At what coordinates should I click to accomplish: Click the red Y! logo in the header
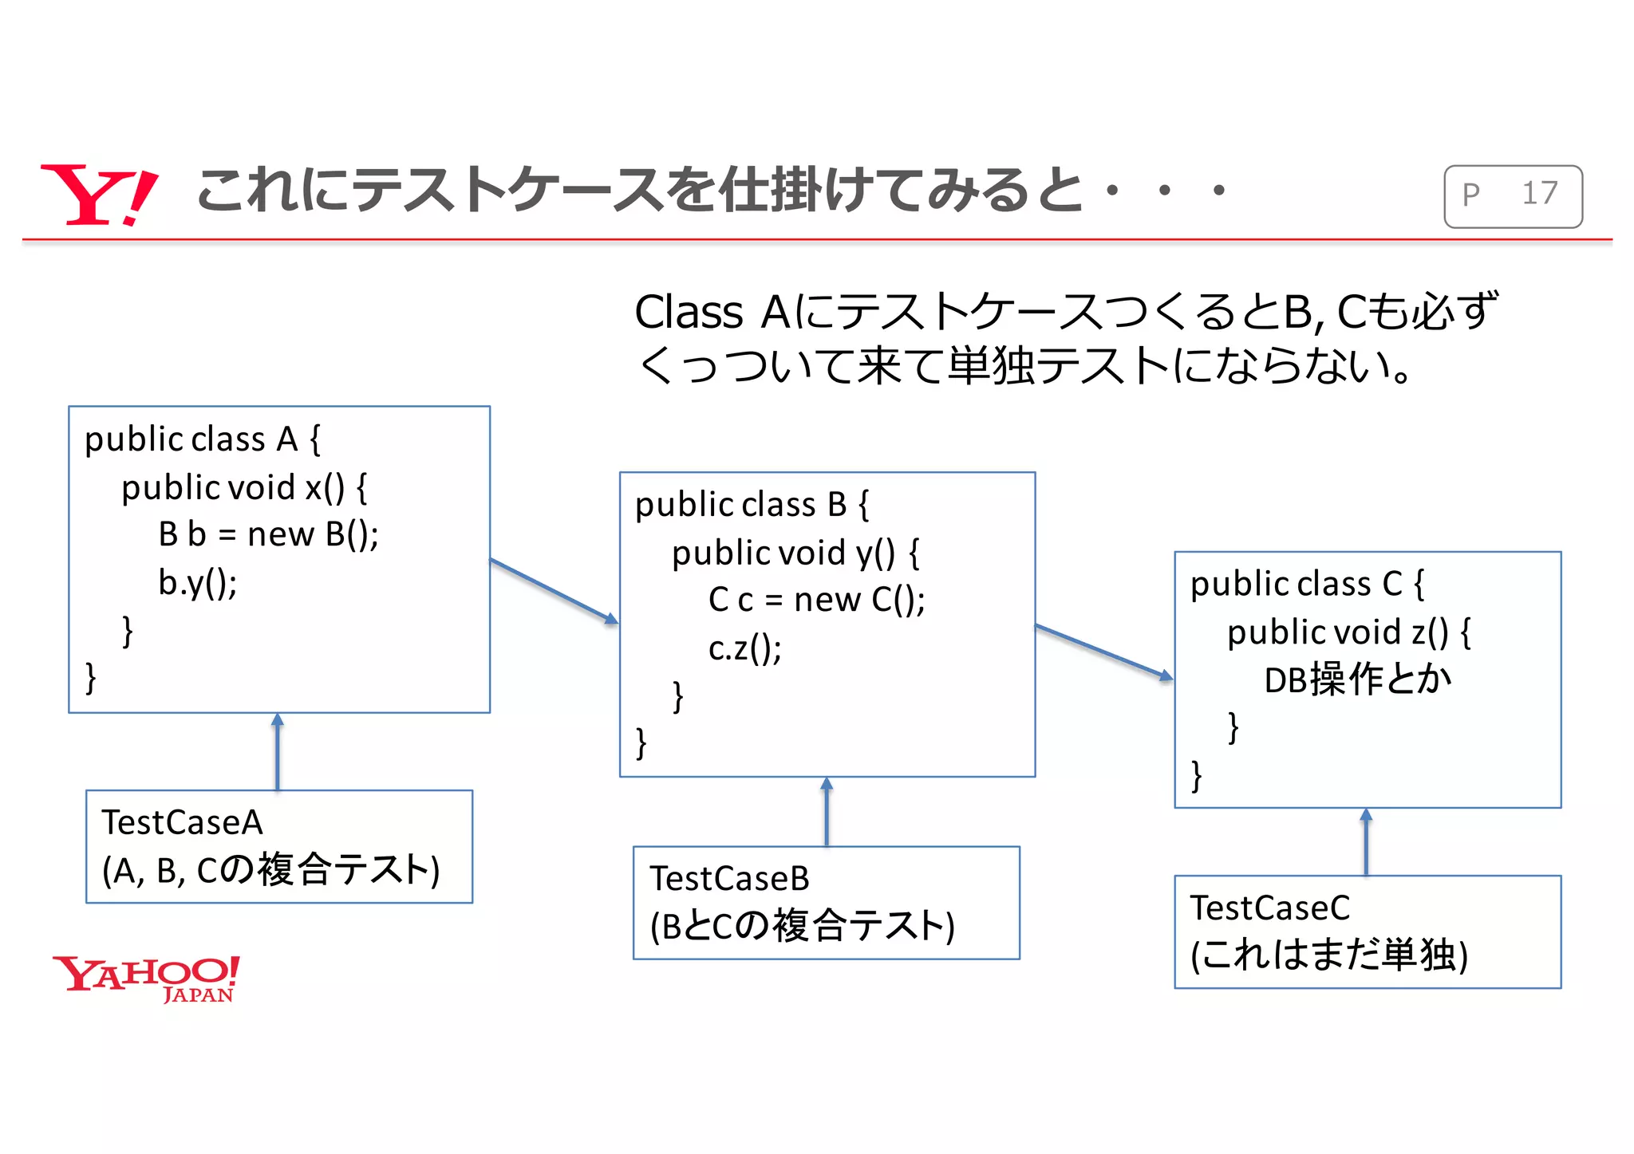click(97, 195)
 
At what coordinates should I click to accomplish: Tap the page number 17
click(1539, 194)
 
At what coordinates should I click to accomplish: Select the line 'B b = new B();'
click(268, 534)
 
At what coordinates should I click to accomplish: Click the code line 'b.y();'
click(197, 583)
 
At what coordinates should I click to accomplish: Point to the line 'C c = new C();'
click(816, 600)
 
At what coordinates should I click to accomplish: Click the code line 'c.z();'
click(744, 648)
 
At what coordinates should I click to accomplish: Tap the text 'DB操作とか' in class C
click(1357, 680)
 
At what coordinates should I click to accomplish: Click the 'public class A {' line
click(203, 439)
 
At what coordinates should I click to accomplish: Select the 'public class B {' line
click(752, 505)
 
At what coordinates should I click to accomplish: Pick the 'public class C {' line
click(1307, 584)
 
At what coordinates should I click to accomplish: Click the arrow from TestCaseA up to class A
click(278, 751)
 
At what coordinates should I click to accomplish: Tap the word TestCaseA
click(182, 822)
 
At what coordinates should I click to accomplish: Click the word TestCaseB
click(729, 879)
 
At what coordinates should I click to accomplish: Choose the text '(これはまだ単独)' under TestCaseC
click(1328, 955)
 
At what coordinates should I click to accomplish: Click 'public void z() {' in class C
click(1348, 632)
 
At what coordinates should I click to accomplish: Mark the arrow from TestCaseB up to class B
click(827, 811)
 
